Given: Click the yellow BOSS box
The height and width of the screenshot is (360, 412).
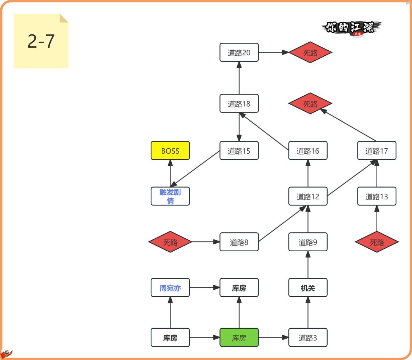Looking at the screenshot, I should click(x=170, y=151).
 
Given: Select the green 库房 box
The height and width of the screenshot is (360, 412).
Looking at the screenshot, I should click(x=239, y=337).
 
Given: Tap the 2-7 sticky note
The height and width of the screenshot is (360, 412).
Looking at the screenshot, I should click(x=41, y=41).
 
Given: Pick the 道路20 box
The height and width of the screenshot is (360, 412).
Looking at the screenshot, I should click(x=239, y=53).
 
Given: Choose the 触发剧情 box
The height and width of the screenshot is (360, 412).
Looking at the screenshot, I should click(x=170, y=196).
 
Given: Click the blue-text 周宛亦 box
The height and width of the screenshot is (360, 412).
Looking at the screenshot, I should click(x=170, y=288).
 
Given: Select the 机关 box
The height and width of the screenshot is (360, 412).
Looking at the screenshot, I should click(x=308, y=288).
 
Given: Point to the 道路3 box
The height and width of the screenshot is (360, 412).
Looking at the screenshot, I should click(x=308, y=337).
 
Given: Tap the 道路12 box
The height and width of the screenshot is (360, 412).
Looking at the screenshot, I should click(x=308, y=196).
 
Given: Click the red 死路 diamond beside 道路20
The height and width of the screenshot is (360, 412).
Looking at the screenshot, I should click(x=310, y=53).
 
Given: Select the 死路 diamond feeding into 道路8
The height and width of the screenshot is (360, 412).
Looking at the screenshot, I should click(x=170, y=242).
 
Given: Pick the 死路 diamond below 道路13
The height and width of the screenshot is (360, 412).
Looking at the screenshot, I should click(x=377, y=242).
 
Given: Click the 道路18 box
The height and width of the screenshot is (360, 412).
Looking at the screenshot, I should click(x=239, y=103).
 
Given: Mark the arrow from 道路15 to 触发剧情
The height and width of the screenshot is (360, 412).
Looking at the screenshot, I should click(x=195, y=169).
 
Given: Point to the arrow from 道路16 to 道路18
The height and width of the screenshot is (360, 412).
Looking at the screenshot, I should click(x=264, y=132).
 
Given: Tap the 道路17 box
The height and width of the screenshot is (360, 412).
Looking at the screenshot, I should click(x=377, y=151).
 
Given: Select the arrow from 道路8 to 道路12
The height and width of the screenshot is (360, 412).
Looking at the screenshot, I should click(x=283, y=224).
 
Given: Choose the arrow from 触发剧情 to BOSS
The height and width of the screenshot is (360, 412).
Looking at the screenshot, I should click(x=170, y=174).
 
